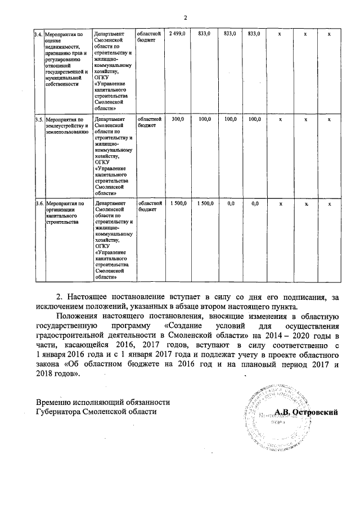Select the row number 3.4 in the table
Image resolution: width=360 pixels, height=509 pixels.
point(38,35)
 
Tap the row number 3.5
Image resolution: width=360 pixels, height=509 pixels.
point(38,120)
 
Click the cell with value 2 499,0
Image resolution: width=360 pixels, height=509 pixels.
point(177,35)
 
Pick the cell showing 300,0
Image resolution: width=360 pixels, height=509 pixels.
point(177,119)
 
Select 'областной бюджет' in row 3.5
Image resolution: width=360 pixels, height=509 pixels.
point(150,123)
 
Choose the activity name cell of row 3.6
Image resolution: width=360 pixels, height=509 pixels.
point(65,209)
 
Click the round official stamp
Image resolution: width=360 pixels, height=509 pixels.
point(272,415)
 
